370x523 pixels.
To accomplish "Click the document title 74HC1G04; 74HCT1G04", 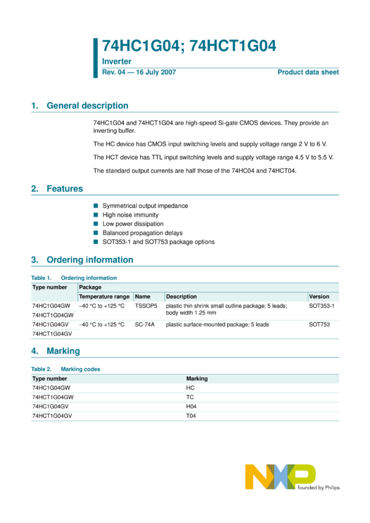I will tap(188, 46).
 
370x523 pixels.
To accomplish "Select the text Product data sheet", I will tap(308, 73).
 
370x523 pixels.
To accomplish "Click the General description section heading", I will tap(87, 106).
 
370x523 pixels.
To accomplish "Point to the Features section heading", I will tap(65, 189).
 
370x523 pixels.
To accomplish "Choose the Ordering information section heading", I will tap(90, 260).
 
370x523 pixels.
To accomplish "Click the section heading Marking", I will tap(63, 351).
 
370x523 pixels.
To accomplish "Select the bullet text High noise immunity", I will tap(131, 215).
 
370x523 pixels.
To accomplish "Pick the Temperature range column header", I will tap(104, 297).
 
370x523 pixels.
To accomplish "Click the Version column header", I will tap(319, 297).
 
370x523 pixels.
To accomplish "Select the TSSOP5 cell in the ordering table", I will tap(146, 306).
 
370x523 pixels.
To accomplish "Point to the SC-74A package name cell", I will tap(145, 324).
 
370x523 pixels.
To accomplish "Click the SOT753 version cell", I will tap(320, 324).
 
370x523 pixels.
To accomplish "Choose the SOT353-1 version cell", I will tap(322, 306).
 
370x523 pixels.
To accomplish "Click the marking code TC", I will tap(190, 397).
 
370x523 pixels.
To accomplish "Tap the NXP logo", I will tap(280, 477).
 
